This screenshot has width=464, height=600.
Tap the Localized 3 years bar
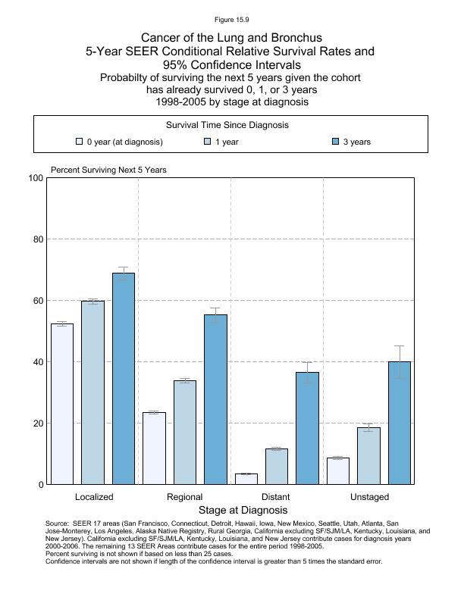[124, 379]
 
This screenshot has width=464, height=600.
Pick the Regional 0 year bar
[154, 448]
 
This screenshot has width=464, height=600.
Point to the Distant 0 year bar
[246, 479]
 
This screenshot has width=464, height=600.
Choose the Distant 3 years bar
[307, 428]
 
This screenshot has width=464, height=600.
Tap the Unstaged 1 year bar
[368, 455]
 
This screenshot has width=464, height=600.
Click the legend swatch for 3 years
[336, 142]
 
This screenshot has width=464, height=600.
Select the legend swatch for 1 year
[207, 142]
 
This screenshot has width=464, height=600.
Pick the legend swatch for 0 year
[79, 142]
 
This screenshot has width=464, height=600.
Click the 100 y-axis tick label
[34, 178]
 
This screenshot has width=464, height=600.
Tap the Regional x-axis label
[184, 497]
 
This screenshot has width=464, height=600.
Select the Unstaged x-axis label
[369, 497]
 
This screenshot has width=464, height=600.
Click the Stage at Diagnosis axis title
[232, 511]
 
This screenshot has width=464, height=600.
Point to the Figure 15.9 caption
[231, 19]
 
